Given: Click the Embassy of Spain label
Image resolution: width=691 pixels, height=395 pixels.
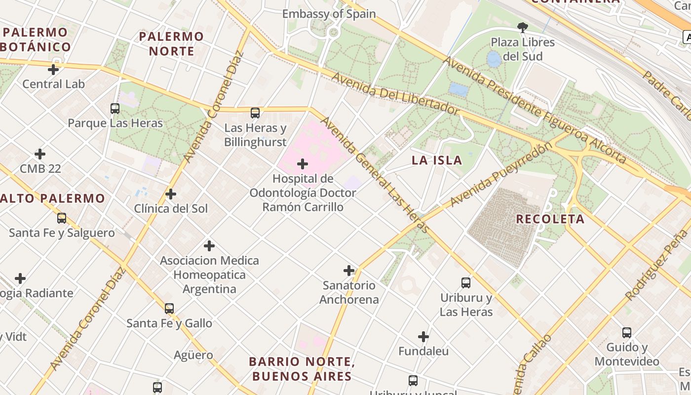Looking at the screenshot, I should pos(329,14).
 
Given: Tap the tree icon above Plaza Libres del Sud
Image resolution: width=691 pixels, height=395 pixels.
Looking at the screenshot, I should pos(523,27).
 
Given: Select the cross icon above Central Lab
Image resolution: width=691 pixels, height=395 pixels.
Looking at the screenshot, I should pos(53,69).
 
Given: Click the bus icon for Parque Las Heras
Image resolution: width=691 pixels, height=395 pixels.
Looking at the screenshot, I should pos(115,108).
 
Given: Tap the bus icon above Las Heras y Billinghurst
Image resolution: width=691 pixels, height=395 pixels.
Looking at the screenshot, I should pos(255,113).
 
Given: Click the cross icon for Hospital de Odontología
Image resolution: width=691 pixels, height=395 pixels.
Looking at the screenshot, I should pos(303,164).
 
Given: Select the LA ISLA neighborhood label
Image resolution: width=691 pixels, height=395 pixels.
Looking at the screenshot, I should pos(437,160).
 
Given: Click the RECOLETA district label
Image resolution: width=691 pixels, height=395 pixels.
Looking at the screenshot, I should pos(550,219).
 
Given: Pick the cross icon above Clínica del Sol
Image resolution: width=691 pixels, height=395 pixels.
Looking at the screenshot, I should pos(171,194).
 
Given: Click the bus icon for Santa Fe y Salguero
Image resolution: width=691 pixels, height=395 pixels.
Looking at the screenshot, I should pos(62,218).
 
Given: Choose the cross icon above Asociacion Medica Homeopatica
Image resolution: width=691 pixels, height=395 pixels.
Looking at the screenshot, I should pos(209,246).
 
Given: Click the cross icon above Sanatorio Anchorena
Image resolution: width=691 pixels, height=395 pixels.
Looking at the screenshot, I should pos(349,271).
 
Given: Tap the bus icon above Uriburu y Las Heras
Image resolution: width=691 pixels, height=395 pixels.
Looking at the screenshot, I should pos(466,283).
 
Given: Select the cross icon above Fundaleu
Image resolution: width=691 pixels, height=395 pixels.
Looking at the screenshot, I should pos(423,337).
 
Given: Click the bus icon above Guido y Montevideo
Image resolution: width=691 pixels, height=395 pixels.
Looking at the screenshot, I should pos(627,333).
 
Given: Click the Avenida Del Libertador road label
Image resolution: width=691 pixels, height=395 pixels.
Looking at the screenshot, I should pos(395,93).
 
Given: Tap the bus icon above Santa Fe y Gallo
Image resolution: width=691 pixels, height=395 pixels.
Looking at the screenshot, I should pos(169,309).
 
